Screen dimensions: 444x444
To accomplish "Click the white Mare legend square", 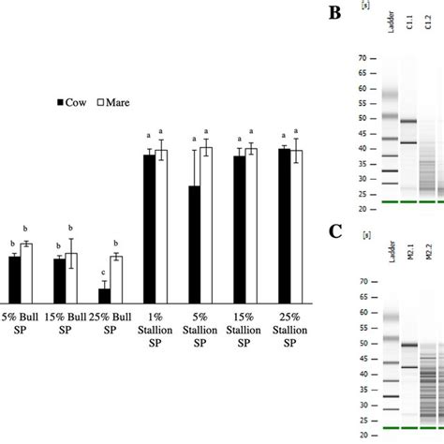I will point(100,101).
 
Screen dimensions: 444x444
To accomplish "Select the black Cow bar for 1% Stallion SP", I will point(149,228).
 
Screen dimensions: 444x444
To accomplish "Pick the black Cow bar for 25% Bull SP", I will point(104,294).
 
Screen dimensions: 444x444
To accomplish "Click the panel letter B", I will point(334,12).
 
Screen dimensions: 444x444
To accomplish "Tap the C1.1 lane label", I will point(409,41).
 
